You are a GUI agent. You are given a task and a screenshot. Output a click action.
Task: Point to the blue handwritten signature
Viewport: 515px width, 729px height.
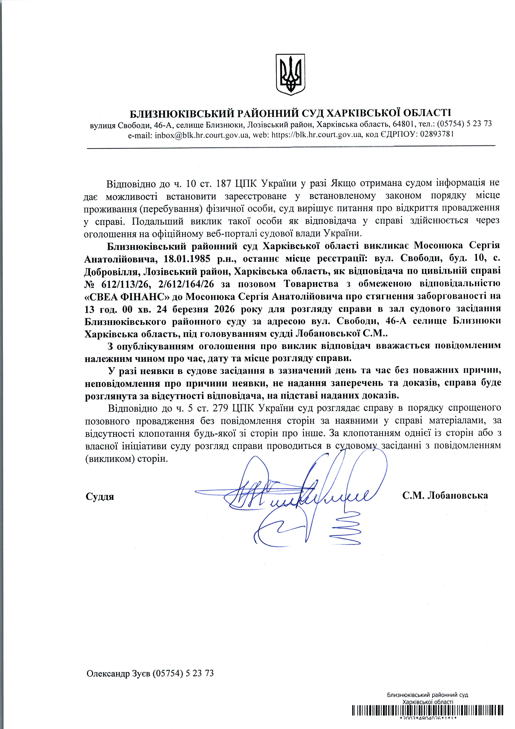coord(305,495)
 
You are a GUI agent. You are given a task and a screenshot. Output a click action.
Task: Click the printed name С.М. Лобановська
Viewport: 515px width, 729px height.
coord(445,496)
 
